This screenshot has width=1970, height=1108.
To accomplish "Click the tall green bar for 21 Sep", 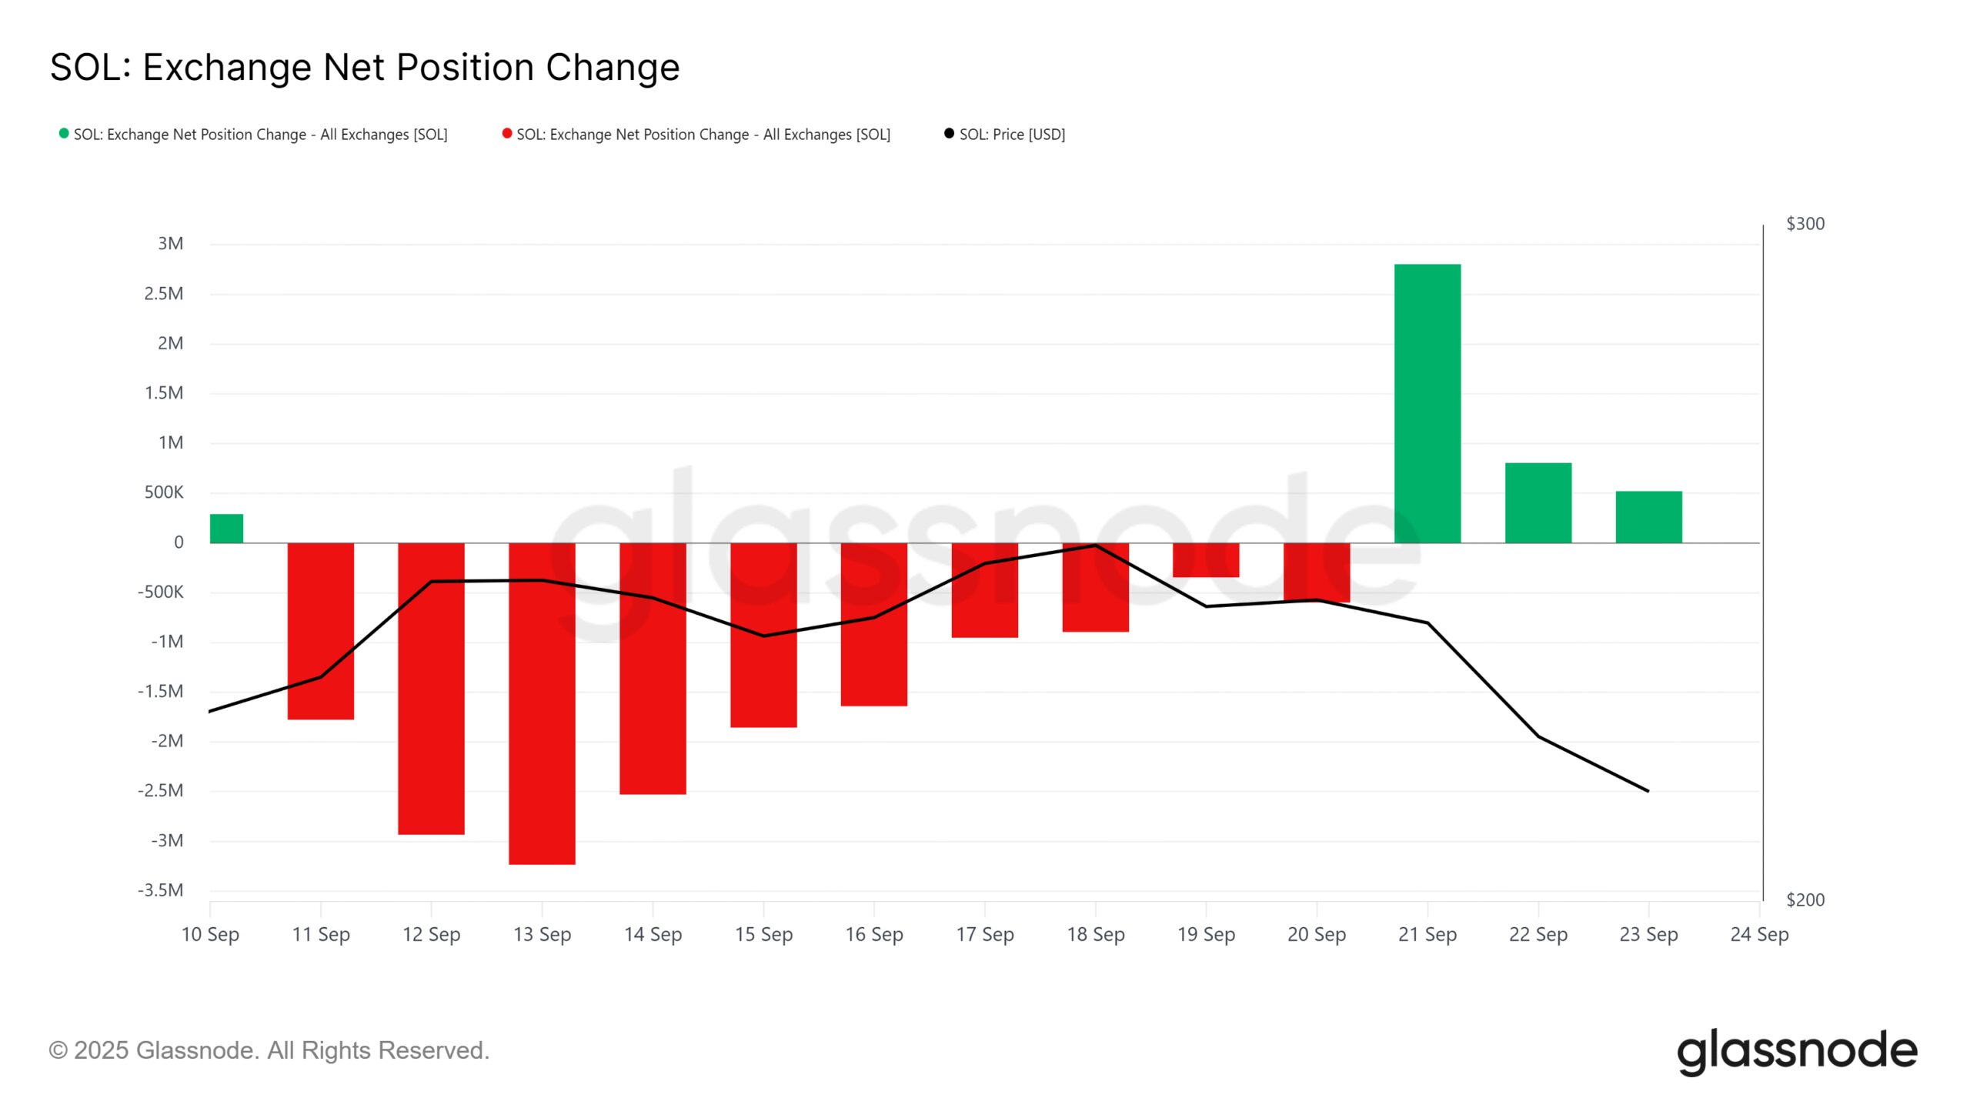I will (x=1427, y=403).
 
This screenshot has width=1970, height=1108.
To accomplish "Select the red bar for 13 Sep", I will (x=542, y=703).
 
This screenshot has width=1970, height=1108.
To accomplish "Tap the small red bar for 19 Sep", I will (x=1205, y=560).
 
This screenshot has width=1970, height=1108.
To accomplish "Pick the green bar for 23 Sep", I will (x=1648, y=517).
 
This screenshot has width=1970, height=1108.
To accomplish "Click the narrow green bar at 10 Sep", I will (x=226, y=529).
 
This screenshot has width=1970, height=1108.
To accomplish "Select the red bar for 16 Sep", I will (x=873, y=624).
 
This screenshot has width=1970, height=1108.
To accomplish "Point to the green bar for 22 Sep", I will (x=1538, y=502).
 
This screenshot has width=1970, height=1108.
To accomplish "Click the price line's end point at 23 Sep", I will (x=1648, y=791).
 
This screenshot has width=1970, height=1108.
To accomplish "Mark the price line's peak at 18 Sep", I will (x=1095, y=546).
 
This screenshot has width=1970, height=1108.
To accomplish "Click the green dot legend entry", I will (x=254, y=135).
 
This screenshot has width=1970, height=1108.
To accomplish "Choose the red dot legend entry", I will (x=696, y=135).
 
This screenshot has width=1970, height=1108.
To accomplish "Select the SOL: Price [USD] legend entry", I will (x=1005, y=135).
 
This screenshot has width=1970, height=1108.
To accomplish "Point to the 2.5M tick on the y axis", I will (x=164, y=294).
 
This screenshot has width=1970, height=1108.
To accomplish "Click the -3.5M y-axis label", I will (x=161, y=890).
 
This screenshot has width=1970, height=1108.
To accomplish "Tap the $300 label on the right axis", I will (x=1805, y=224).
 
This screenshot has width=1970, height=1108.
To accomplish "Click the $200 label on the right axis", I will (x=1805, y=899).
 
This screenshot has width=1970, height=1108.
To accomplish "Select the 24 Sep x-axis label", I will (x=1759, y=934).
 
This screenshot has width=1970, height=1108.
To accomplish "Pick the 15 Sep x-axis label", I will (x=763, y=934).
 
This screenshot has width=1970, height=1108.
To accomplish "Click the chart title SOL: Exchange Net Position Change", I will (x=365, y=68).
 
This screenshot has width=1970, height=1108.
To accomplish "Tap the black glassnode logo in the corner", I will (x=1797, y=1051).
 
